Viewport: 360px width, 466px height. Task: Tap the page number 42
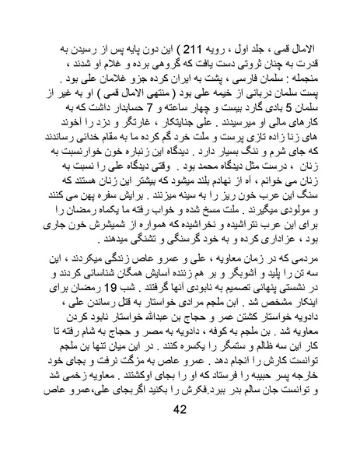180,433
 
